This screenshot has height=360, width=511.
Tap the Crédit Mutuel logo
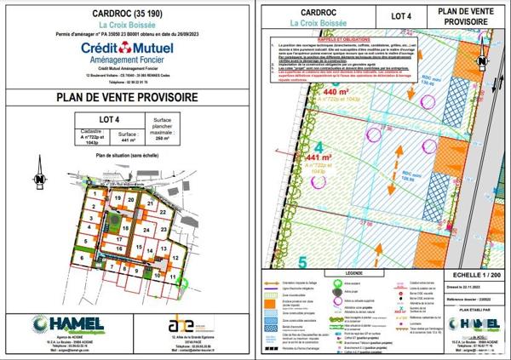coord(128,52)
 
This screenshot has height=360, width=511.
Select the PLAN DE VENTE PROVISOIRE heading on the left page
coord(128,97)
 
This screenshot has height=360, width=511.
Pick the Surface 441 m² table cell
coord(129,139)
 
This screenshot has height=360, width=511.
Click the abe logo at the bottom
coord(181,324)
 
